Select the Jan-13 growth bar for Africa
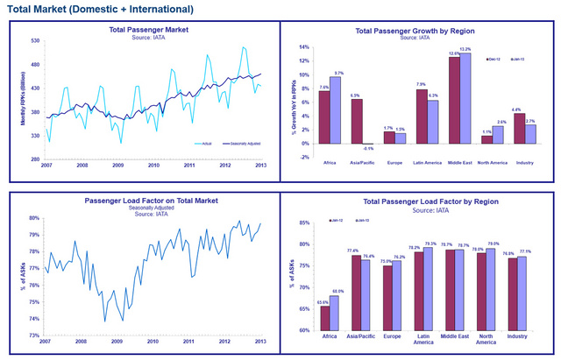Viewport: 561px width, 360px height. [x=335, y=110]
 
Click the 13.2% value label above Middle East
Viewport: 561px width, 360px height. [x=465, y=49]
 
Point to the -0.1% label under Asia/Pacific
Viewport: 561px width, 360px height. [x=368, y=148]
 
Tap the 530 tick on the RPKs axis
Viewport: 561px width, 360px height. [x=36, y=40]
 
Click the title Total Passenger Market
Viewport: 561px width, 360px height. [x=149, y=30]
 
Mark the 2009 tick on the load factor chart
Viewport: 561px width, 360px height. [x=117, y=340]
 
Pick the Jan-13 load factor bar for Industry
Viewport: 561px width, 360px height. [x=522, y=293]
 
